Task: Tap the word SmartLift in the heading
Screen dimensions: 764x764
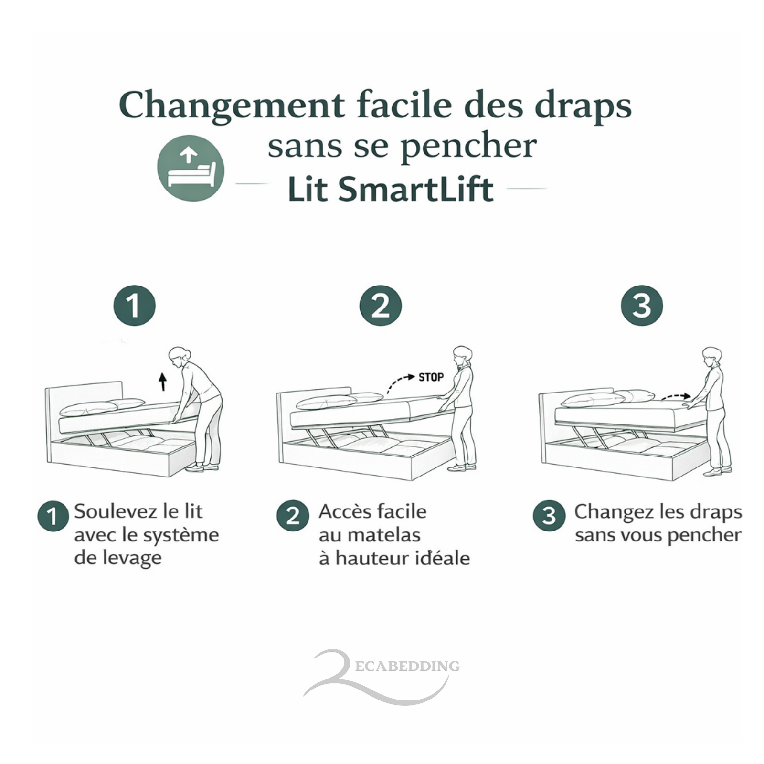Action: click(x=415, y=189)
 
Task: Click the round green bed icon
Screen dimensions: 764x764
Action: click(x=191, y=168)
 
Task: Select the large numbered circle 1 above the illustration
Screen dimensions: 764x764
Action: click(x=135, y=306)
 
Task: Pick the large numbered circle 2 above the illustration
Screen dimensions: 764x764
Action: click(x=381, y=306)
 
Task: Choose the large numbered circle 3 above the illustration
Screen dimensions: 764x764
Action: click(x=642, y=306)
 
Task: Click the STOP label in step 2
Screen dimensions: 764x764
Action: click(x=431, y=377)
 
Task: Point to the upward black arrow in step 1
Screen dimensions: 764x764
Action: click(x=163, y=382)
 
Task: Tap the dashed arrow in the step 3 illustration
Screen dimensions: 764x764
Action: click(x=675, y=396)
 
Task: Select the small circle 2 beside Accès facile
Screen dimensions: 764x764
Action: click(x=293, y=516)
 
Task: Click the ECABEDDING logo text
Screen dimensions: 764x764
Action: click(x=407, y=666)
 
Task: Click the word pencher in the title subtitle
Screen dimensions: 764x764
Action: click(x=468, y=147)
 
